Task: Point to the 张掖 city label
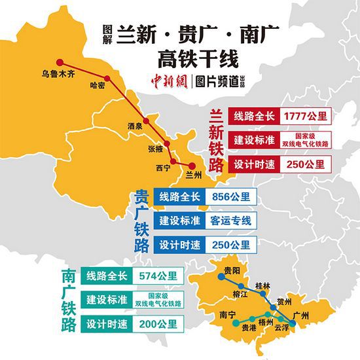(156, 149)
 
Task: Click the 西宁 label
(163, 168)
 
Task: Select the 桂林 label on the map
(262, 285)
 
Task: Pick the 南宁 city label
(227, 315)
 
